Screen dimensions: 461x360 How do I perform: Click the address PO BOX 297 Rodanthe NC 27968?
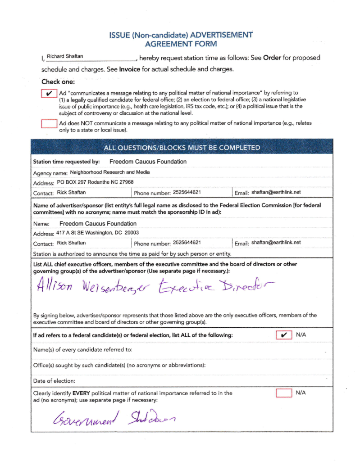pos(95,182)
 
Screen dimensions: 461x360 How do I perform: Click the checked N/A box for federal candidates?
pos(283,335)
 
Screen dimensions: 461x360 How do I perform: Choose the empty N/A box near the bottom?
pos(283,393)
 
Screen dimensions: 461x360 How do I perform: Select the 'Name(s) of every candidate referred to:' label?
pos(83,349)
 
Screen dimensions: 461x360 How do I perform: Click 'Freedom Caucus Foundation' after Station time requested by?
pos(148,161)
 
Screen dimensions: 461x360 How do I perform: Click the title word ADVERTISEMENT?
pos(221,35)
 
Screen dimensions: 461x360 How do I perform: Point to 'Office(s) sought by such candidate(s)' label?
pos(119,365)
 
